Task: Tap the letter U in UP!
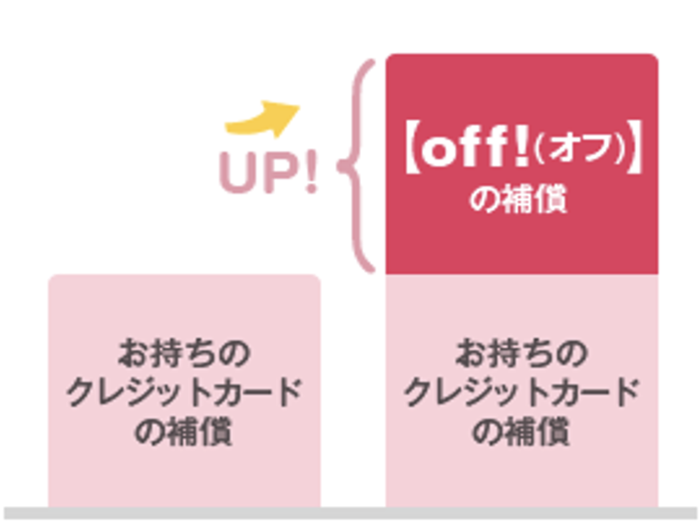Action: pyautogui.click(x=240, y=173)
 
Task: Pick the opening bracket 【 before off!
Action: pyautogui.click(x=408, y=151)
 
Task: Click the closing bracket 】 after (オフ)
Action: pyautogui.click(x=634, y=151)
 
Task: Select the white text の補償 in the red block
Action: pyautogui.click(x=520, y=198)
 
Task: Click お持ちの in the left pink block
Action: pyautogui.click(x=183, y=354)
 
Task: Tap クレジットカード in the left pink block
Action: pyautogui.click(x=183, y=393)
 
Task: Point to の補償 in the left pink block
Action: pyautogui.click(x=183, y=432)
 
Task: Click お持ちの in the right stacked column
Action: pyautogui.click(x=521, y=354)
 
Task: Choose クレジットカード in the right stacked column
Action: pyautogui.click(x=521, y=393)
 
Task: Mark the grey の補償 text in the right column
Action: pyautogui.click(x=521, y=432)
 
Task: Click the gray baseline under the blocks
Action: pyautogui.click(x=349, y=513)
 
